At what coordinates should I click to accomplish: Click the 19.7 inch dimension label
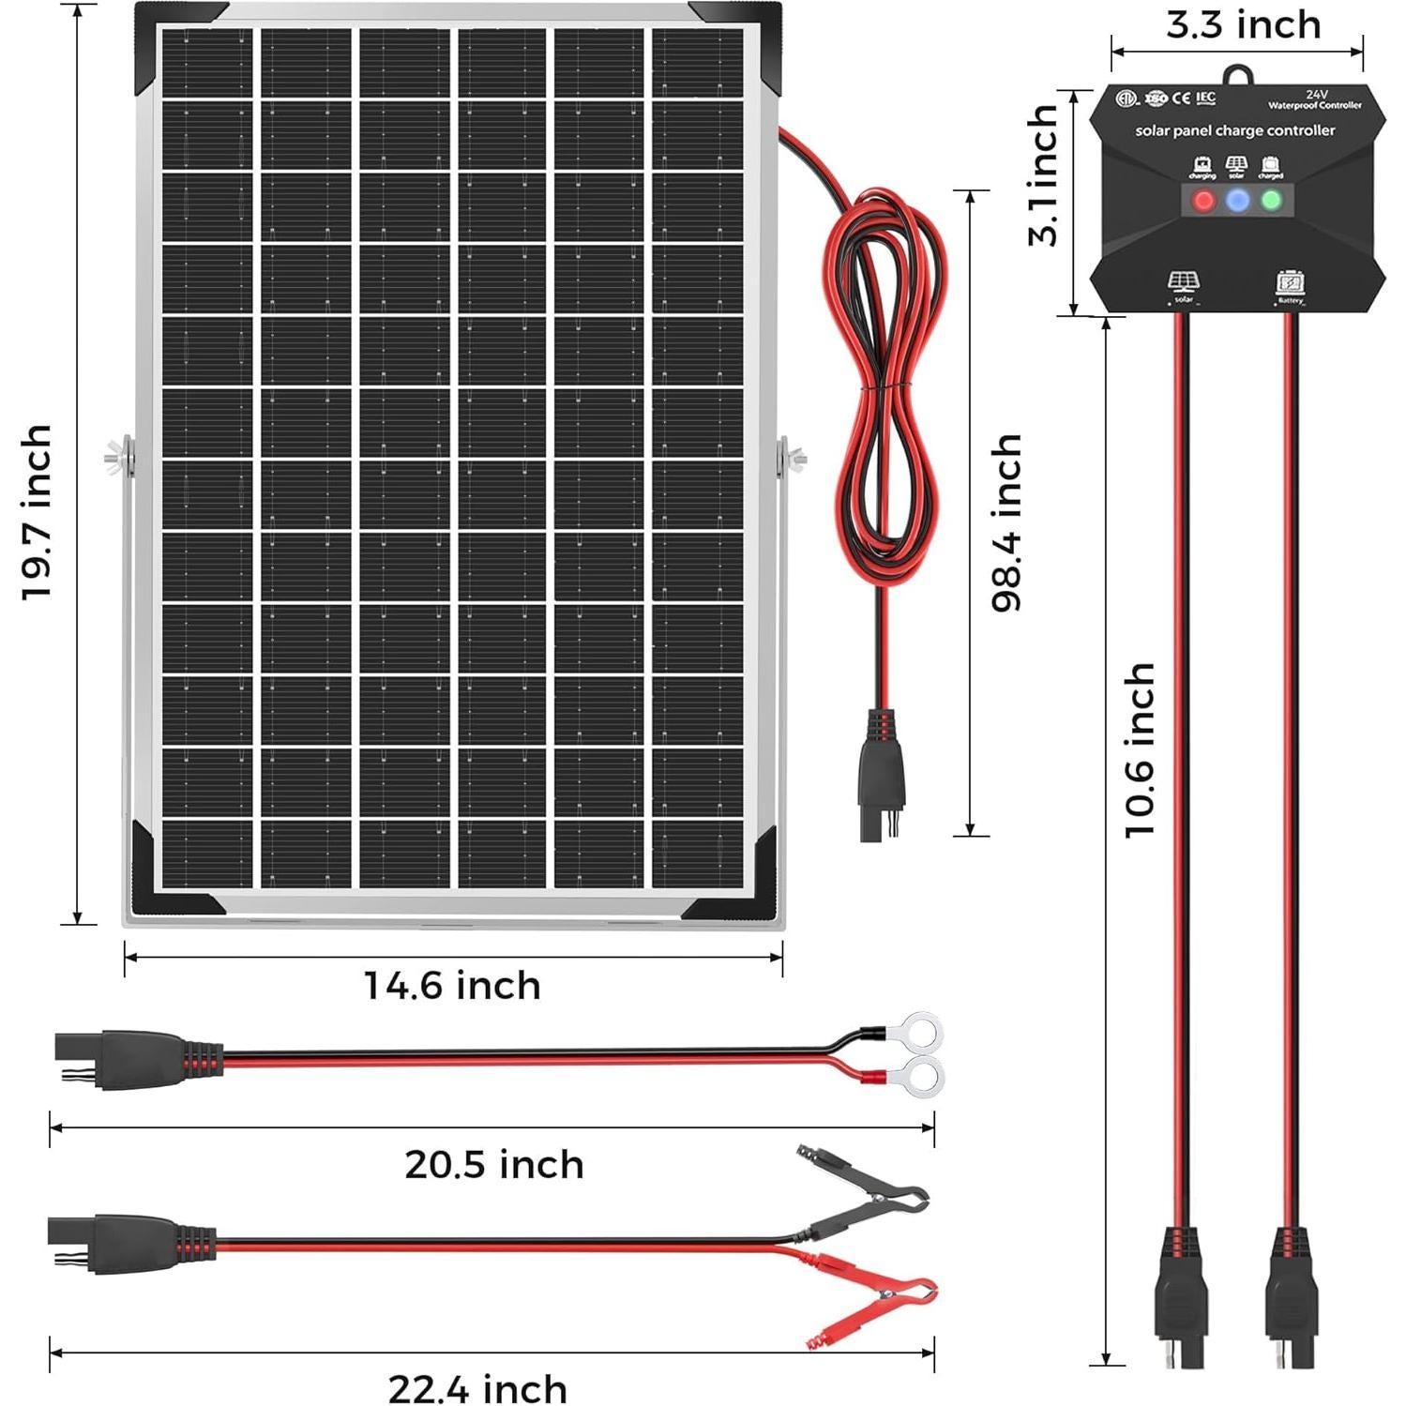37,512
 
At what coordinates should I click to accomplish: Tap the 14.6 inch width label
452,986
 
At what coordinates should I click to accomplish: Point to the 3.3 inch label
1244,25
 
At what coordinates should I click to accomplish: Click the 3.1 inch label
1043,175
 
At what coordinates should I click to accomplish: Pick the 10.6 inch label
1140,749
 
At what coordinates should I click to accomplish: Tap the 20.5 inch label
494,1165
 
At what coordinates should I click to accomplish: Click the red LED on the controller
1203,200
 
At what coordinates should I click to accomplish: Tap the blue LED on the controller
1238,200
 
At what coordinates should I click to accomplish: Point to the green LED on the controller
1272,200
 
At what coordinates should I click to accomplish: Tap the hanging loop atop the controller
1238,75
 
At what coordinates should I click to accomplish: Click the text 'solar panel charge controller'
1234,130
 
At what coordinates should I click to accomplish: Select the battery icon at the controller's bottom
1291,282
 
